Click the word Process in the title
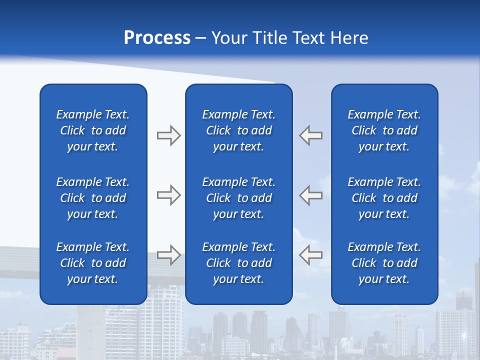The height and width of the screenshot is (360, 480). pyautogui.click(x=157, y=38)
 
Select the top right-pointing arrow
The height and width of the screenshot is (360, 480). pyautogui.click(x=168, y=135)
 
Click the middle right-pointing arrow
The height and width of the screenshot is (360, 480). pyautogui.click(x=168, y=195)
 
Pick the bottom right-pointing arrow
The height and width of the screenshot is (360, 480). pyautogui.click(x=168, y=254)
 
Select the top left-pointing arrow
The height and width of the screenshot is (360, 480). pyautogui.click(x=311, y=135)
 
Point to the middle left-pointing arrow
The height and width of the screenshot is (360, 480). pyautogui.click(x=311, y=195)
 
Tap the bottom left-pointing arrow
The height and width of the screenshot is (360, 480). pyautogui.click(x=311, y=254)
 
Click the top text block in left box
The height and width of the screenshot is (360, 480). pyautogui.click(x=93, y=130)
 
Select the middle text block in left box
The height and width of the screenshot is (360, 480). pyautogui.click(x=93, y=198)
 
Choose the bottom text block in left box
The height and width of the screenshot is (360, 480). pyautogui.click(x=93, y=263)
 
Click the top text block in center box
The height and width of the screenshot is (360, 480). pyautogui.click(x=239, y=130)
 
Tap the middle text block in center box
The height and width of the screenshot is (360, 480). pyautogui.click(x=239, y=198)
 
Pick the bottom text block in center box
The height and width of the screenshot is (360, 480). pyautogui.click(x=239, y=263)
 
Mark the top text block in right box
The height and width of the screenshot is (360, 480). pyautogui.click(x=384, y=130)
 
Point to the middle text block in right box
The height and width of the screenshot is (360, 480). pyautogui.click(x=384, y=198)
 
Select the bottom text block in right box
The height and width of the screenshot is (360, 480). pyautogui.click(x=384, y=263)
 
